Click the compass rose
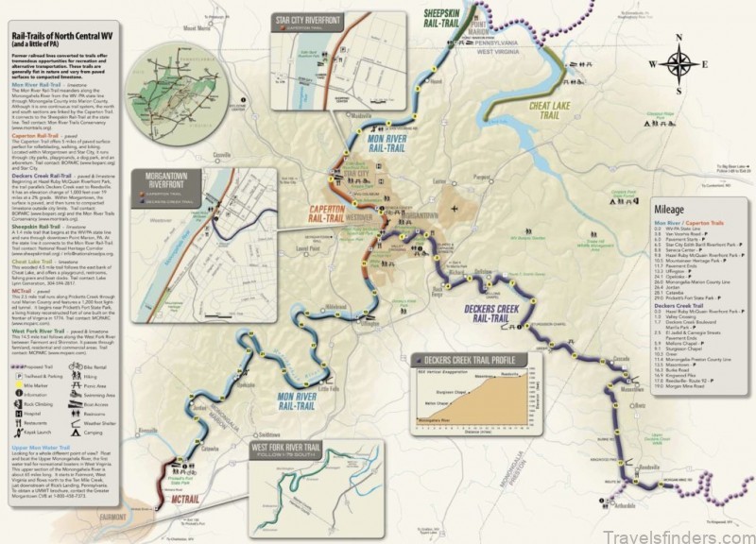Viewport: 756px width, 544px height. tap(678, 65)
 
